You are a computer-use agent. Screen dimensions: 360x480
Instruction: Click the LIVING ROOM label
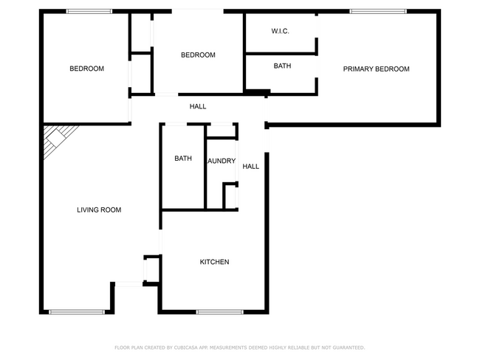click(99, 210)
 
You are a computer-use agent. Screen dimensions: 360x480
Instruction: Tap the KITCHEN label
click(214, 262)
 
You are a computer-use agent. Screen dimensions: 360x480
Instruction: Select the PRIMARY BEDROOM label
click(376, 69)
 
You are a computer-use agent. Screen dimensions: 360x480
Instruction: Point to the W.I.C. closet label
click(280, 31)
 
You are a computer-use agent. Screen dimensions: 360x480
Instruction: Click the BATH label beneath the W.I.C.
click(282, 66)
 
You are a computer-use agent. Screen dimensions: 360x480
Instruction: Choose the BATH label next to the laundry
click(183, 159)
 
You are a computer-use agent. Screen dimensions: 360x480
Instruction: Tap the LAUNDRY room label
click(222, 161)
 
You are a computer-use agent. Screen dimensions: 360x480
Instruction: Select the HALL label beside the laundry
click(251, 167)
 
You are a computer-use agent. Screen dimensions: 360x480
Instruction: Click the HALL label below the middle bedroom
click(198, 107)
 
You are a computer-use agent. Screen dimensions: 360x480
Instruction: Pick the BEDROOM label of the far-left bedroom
click(86, 69)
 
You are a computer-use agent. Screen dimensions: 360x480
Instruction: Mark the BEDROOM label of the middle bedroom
click(198, 55)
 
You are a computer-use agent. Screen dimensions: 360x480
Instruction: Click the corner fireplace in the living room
click(58, 140)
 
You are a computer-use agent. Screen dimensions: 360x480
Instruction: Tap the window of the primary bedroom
click(377, 11)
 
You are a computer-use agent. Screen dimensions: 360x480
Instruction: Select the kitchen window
click(219, 311)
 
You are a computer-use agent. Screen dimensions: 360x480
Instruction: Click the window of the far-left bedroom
click(89, 11)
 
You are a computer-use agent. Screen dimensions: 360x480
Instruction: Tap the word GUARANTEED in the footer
click(349, 347)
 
